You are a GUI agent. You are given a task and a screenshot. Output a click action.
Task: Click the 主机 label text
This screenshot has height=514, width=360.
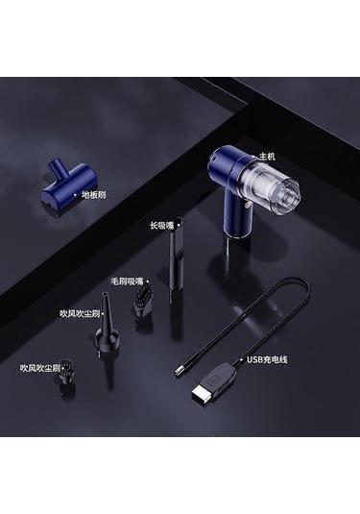click(x=267, y=157)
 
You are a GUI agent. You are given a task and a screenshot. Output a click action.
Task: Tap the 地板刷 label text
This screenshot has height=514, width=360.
click(x=94, y=195)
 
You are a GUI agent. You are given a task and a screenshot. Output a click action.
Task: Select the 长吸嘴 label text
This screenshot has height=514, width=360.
click(x=162, y=226)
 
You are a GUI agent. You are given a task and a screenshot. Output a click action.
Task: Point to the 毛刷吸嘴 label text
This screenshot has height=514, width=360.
click(x=128, y=281)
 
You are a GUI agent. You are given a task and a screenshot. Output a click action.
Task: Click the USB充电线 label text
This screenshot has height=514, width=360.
click(x=267, y=359)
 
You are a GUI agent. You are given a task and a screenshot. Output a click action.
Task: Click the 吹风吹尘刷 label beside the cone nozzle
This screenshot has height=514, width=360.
click(x=80, y=314)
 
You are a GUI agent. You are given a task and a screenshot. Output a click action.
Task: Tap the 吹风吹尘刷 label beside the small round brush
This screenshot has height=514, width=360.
click(x=40, y=369)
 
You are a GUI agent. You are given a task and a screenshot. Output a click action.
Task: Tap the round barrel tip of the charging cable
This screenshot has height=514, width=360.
click(x=179, y=372)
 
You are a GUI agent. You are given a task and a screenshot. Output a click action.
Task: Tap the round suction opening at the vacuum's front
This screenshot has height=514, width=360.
click(x=290, y=198)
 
